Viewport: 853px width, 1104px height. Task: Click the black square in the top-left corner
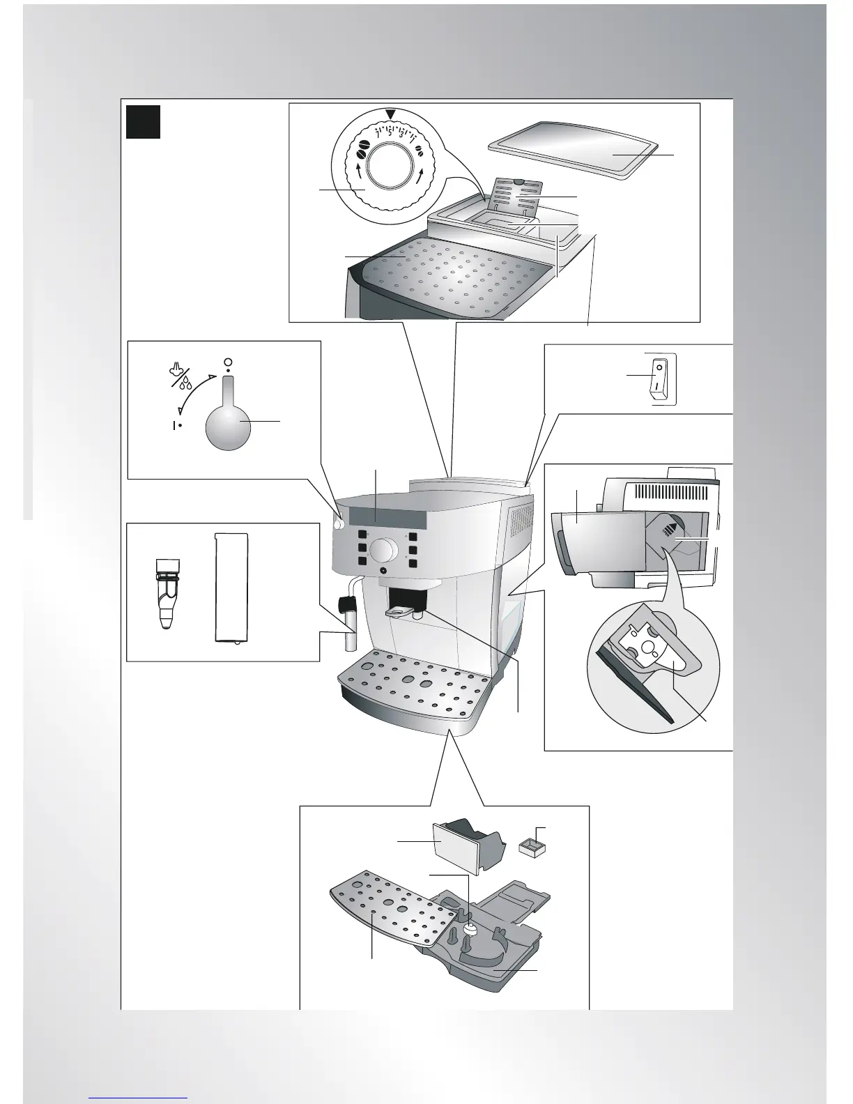click(144, 122)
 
